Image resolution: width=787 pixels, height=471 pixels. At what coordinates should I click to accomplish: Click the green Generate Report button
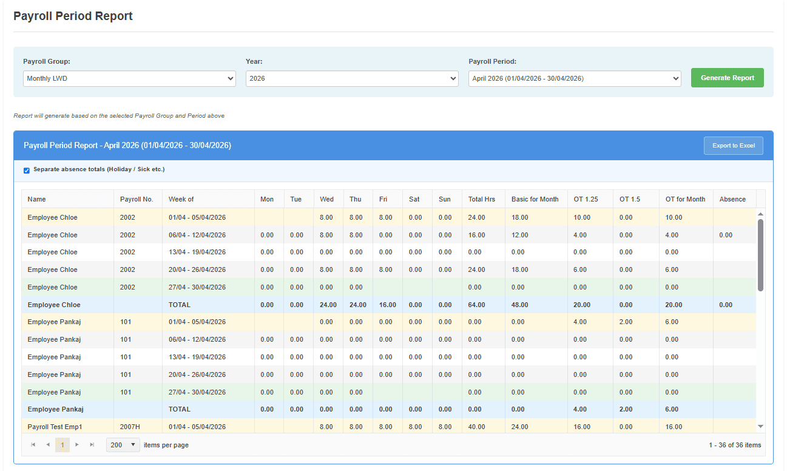(x=727, y=78)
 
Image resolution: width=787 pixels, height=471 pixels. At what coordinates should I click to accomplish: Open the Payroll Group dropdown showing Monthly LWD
(x=129, y=78)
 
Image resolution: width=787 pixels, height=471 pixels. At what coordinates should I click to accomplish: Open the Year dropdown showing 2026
(x=352, y=78)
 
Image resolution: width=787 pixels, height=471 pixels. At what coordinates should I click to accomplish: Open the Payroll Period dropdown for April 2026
(x=575, y=78)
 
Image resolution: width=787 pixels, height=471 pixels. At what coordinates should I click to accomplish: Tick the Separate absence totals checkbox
(x=27, y=171)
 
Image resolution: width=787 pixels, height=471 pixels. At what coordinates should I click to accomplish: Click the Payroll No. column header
(x=137, y=199)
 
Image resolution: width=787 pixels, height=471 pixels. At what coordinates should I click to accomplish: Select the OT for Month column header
(x=685, y=199)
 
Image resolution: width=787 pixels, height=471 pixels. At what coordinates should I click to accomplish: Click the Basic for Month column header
(x=535, y=199)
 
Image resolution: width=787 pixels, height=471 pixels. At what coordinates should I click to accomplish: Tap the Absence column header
(x=732, y=199)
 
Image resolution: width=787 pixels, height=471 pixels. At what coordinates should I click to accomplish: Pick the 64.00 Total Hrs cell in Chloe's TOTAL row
(x=476, y=305)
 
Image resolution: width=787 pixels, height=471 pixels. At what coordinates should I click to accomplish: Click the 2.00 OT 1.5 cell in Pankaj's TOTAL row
(x=626, y=409)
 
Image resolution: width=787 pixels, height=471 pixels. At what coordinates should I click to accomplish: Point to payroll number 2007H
(x=130, y=427)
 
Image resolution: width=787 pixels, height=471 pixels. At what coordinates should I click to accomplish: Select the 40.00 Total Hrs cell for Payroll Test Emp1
(x=476, y=427)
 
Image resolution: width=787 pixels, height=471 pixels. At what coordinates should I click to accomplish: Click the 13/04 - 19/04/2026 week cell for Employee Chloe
(x=197, y=252)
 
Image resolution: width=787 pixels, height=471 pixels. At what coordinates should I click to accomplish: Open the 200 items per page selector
(x=123, y=445)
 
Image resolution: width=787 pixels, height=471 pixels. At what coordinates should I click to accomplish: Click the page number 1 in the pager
(x=62, y=445)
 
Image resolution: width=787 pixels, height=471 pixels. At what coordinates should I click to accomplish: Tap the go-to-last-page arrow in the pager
(x=92, y=445)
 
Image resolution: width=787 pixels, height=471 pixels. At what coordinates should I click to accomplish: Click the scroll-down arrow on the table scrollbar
(x=761, y=426)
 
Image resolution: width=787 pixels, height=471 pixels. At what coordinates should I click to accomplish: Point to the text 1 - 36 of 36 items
(x=735, y=445)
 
